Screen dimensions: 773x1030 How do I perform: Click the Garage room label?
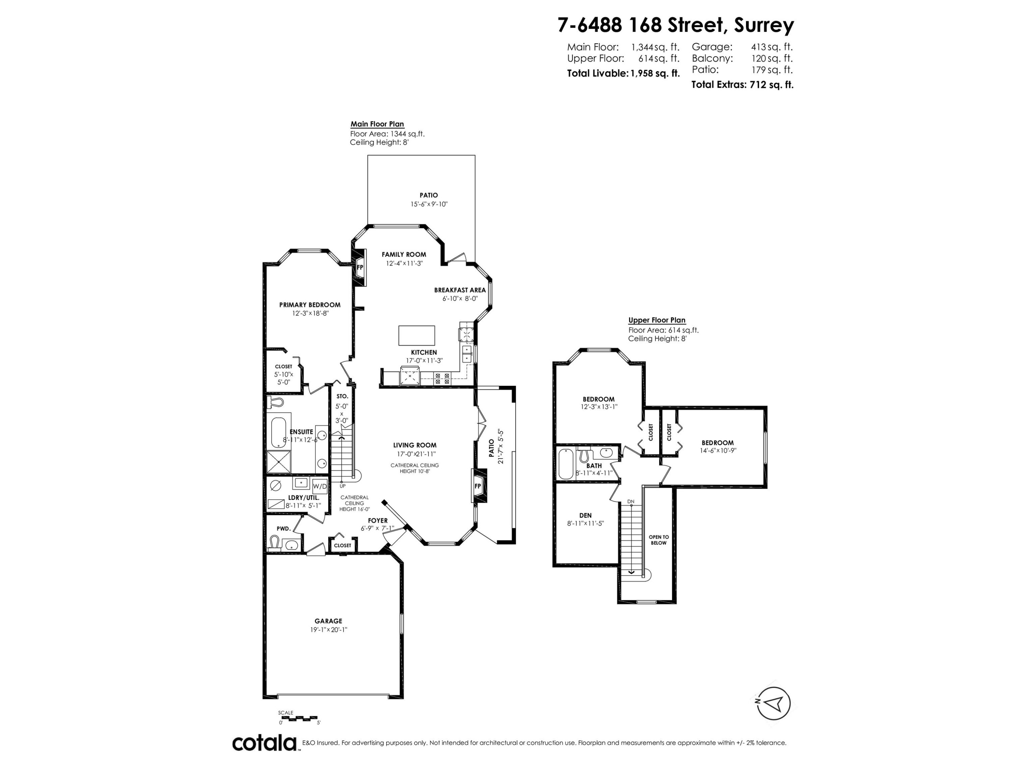[x=328, y=621]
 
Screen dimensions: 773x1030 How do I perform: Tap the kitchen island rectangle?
[x=416, y=335]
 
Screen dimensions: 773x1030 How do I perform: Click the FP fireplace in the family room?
[x=360, y=267]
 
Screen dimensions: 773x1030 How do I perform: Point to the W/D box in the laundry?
[x=319, y=486]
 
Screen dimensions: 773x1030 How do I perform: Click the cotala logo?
[x=264, y=743]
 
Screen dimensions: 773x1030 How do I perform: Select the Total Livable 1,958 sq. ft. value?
[x=655, y=74]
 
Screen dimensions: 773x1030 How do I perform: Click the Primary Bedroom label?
[x=310, y=305]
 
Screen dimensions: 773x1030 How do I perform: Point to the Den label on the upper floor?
[x=585, y=515]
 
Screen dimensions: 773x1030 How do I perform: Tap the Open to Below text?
[x=659, y=540]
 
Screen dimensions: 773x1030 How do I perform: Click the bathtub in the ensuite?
[x=278, y=433]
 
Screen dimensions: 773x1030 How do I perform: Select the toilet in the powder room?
[x=275, y=542]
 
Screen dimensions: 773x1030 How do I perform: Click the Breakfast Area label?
[x=460, y=290]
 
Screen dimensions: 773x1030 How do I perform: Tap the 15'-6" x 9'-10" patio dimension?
[x=428, y=204]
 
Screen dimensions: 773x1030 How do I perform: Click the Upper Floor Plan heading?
[x=656, y=320]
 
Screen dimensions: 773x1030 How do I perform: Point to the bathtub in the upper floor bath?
[x=565, y=463]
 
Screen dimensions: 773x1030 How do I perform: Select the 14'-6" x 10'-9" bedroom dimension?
[x=718, y=450]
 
